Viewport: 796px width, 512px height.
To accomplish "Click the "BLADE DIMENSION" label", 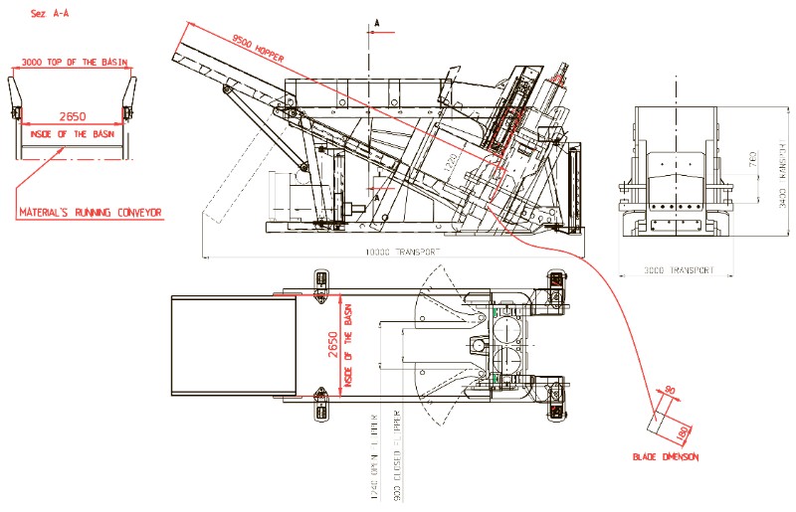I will (x=666, y=457).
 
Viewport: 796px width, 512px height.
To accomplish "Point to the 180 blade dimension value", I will (x=682, y=433).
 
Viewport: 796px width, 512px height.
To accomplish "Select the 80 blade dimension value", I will (x=670, y=390).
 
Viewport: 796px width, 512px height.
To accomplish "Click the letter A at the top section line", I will (x=377, y=20).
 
